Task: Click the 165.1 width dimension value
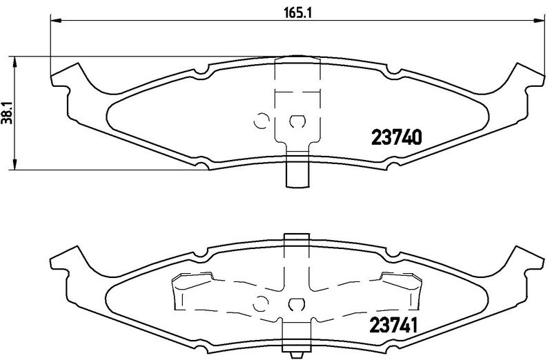pos(298,13)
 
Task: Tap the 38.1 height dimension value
pos(8,113)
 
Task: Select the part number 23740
pos(396,138)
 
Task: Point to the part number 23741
pos(393,325)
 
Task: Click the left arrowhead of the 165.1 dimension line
pos(56,20)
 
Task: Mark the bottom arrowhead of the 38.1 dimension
pos(14,164)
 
